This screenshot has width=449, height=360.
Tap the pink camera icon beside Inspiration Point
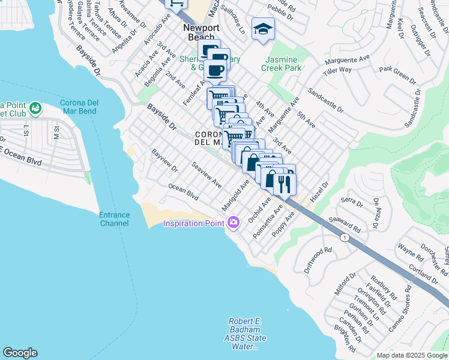[x=233, y=223]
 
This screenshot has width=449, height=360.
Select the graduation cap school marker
[x=262, y=29]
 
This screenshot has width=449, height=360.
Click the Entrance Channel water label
[x=114, y=219]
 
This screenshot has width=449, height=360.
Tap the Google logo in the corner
[x=20, y=353]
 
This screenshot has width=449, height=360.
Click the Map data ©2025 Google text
[x=411, y=355]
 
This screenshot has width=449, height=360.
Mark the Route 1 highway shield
[x=344, y=238]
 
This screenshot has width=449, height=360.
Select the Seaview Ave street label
[x=206, y=175]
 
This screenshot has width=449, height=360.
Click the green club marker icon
[x=35, y=108]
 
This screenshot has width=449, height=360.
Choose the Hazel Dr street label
[x=319, y=192]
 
